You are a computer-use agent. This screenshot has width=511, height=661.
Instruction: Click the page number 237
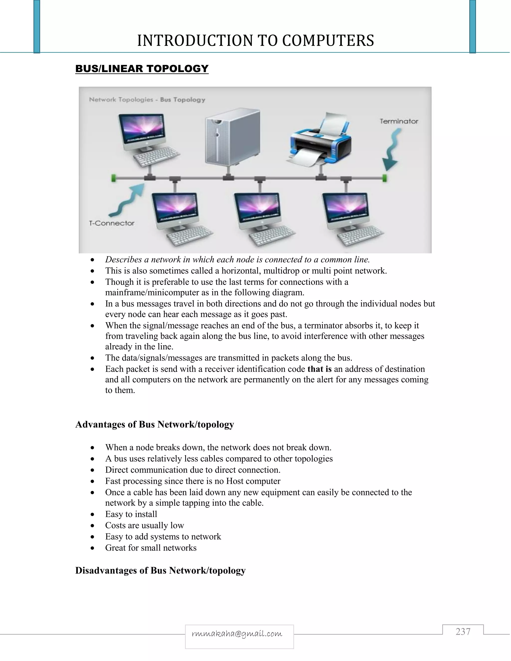[463, 632]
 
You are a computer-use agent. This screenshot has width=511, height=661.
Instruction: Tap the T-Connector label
[112, 223]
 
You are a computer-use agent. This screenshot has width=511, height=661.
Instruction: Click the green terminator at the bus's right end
[385, 178]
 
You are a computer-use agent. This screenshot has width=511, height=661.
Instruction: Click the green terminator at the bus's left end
[114, 178]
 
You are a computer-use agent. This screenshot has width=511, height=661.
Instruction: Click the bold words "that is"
[319, 369]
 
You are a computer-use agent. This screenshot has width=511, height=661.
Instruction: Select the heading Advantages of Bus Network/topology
[154, 424]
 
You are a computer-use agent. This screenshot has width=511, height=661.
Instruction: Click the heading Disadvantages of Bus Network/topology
[160, 570]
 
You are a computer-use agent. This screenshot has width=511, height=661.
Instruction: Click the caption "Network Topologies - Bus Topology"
[147, 100]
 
